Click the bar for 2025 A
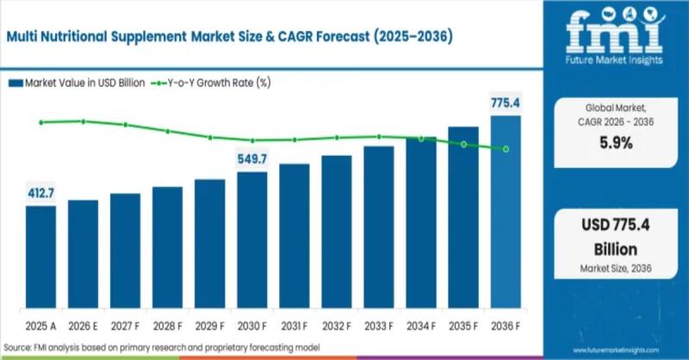41,258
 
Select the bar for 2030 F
252,241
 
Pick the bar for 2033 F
379,228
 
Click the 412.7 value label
41,191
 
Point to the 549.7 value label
252,158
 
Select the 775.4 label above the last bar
506,103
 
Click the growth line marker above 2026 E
84,121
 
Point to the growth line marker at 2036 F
506,149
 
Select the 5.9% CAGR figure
615,143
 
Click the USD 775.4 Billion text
615,238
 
